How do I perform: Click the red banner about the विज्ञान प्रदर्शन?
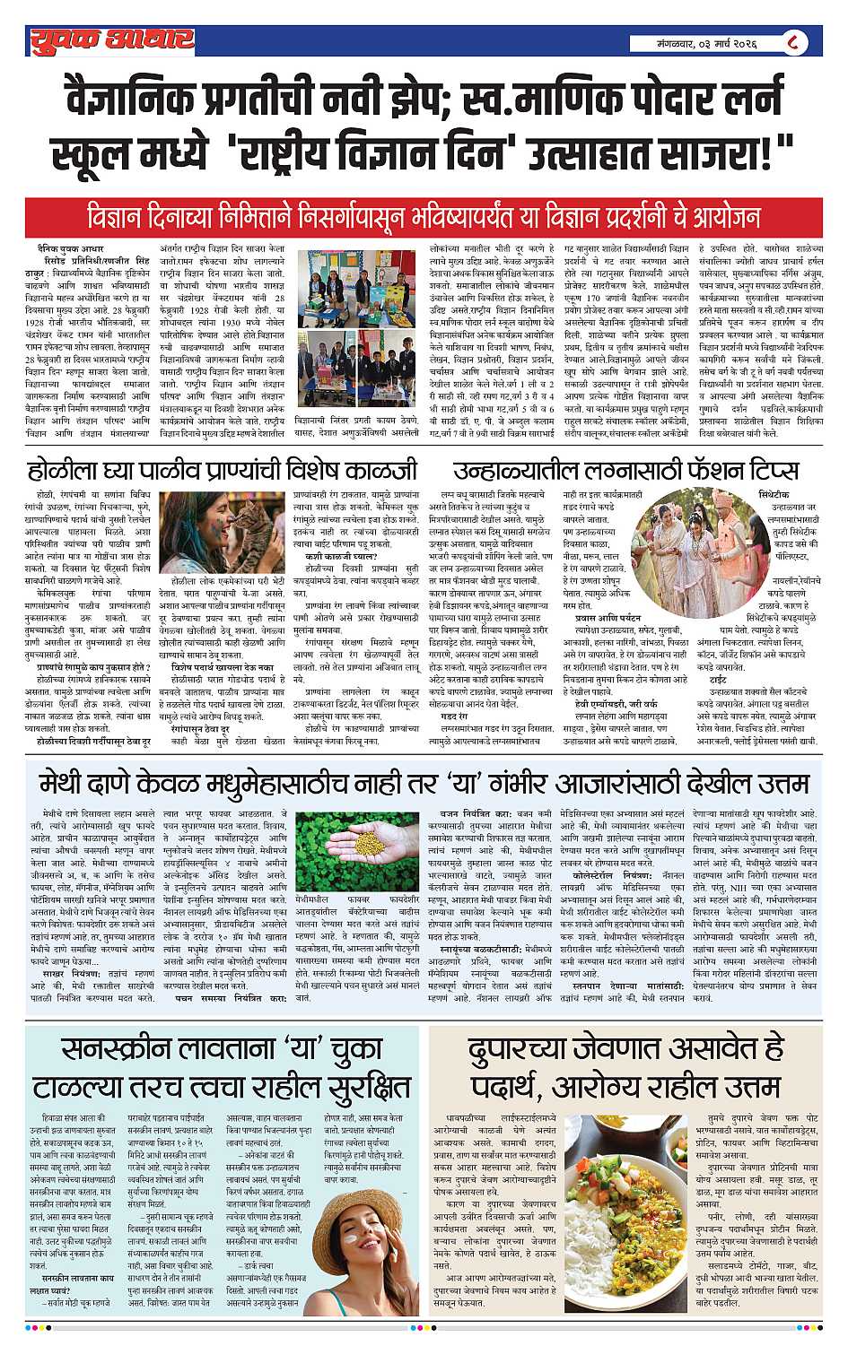(x=424, y=216)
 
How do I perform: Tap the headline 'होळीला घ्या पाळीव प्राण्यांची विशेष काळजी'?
(x=223, y=470)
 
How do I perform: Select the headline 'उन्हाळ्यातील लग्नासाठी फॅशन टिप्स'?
(x=625, y=470)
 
